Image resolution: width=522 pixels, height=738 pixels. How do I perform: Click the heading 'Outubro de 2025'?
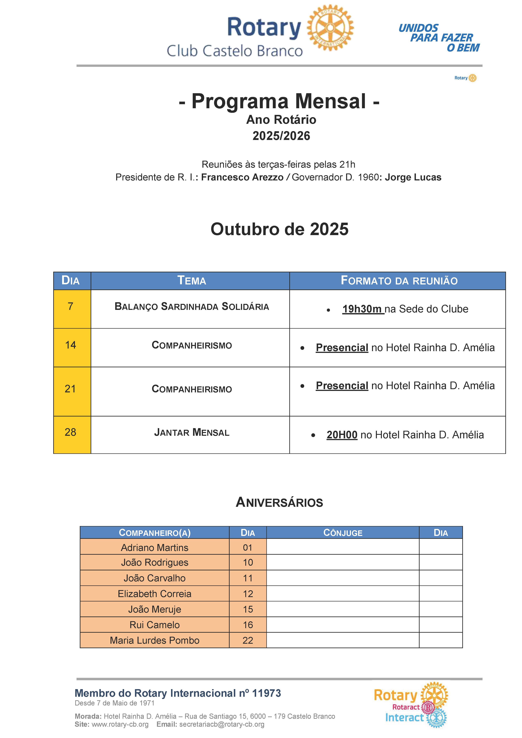coord(279,229)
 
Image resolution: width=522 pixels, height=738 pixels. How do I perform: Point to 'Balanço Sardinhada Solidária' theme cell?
coord(192,306)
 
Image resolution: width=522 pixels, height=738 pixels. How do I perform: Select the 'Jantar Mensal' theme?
coord(192,432)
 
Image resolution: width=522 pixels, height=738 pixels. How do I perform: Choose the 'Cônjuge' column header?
coord(343,533)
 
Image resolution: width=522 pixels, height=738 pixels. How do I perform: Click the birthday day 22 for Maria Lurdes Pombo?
coord(248,640)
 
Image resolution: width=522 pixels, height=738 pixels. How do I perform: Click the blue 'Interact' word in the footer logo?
coord(404,717)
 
